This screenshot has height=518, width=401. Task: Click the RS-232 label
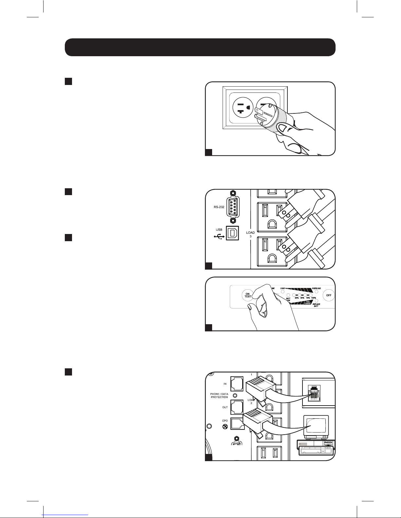point(215,207)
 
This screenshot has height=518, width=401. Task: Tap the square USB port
point(233,233)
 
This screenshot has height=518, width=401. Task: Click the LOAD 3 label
point(250,235)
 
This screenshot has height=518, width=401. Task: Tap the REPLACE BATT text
point(316,305)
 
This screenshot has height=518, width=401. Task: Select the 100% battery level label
point(314,298)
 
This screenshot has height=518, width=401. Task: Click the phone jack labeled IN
point(237,384)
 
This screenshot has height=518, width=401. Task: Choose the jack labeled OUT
point(237,407)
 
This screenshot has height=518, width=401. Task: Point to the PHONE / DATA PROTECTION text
point(219,396)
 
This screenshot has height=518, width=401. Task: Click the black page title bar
point(200,47)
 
